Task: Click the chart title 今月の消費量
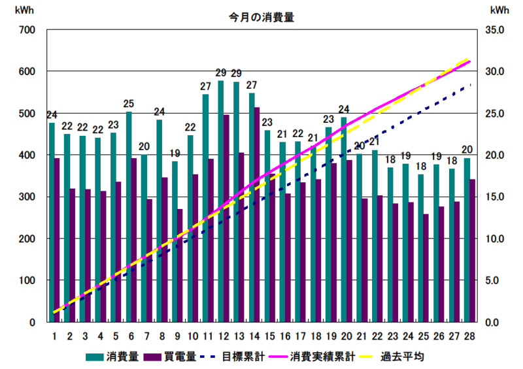click(x=256, y=18)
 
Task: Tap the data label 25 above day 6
click(x=129, y=104)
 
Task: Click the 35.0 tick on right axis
click(x=496, y=30)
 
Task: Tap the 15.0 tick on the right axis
click(x=496, y=197)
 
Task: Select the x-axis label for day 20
click(x=344, y=336)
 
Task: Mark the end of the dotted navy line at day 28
click(x=470, y=85)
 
